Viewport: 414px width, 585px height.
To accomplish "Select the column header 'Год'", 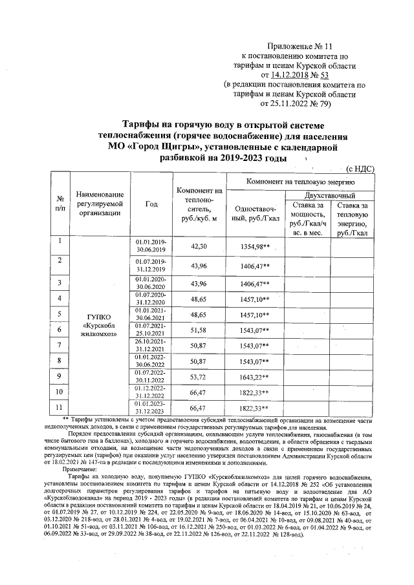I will click(152, 204).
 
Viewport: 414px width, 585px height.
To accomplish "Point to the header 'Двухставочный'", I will click(330, 195).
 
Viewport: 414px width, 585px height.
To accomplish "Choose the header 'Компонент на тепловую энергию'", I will click(302, 182).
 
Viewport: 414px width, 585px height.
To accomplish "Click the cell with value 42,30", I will click(199, 247).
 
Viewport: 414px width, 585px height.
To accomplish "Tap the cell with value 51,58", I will click(199, 330).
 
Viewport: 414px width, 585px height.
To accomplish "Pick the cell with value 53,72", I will click(199, 376).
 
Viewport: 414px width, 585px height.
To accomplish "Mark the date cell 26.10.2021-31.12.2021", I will click(151, 346).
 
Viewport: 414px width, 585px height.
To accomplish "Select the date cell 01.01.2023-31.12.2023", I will click(151, 408).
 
